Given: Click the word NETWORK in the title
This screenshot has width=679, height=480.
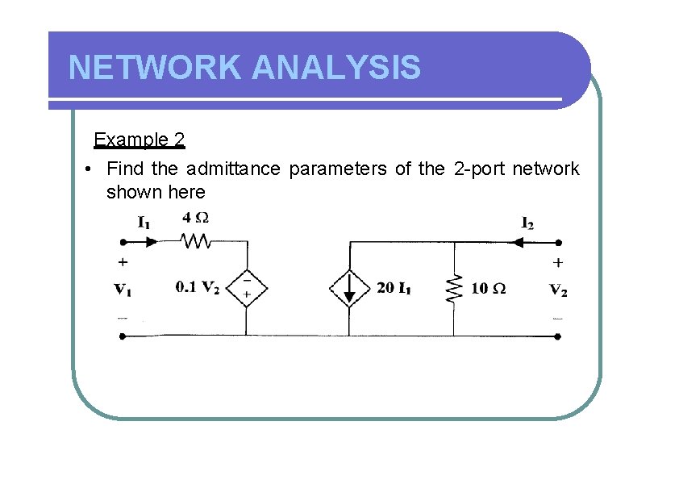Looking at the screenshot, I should tap(155, 68).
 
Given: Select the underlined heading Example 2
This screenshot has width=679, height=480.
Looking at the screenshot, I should tap(140, 140).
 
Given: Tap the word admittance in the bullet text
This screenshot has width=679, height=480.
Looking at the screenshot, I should tap(233, 169).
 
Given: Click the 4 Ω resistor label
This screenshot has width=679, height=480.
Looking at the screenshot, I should tap(196, 218).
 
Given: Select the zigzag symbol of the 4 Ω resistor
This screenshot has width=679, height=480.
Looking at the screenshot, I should tap(195, 240).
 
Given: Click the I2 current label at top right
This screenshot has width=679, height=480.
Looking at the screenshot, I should tap(527, 223).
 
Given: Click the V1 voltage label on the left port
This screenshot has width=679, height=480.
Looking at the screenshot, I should tap(123, 288).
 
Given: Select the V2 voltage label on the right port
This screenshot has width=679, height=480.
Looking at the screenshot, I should tap(558, 290).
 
